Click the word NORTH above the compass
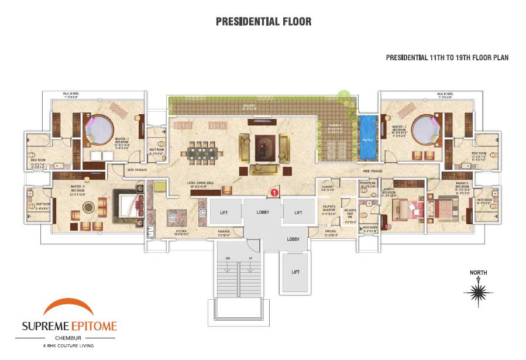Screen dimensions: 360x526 coord(479,272)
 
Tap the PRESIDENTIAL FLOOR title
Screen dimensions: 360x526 coord(263,22)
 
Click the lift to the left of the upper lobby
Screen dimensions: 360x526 coord(224,212)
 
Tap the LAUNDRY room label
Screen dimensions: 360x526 coord(327,187)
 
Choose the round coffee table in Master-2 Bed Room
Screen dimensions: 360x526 coord(88,206)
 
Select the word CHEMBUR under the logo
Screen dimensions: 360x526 coord(69,338)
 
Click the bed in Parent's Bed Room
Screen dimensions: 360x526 coord(446,208)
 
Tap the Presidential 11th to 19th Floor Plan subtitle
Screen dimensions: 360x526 coord(447,58)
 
